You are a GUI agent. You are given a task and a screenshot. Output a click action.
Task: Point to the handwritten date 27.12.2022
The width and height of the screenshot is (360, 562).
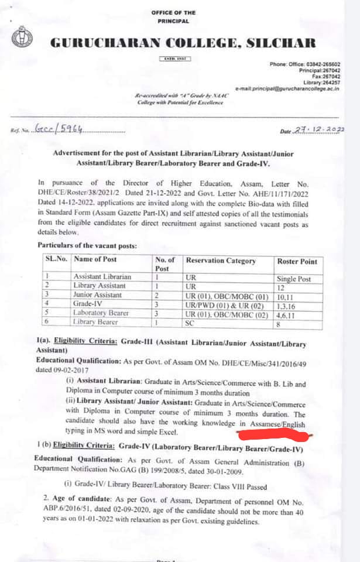tap(320, 131)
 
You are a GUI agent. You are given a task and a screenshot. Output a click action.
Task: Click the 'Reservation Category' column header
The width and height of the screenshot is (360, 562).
tap(220, 261)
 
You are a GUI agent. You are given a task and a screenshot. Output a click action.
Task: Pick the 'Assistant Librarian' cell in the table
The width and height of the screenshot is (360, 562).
tap(102, 276)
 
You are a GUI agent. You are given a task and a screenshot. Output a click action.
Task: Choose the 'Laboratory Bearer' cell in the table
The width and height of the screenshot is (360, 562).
tap(101, 313)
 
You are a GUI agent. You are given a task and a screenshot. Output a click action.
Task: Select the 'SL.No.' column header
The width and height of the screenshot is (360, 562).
tap(56, 259)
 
